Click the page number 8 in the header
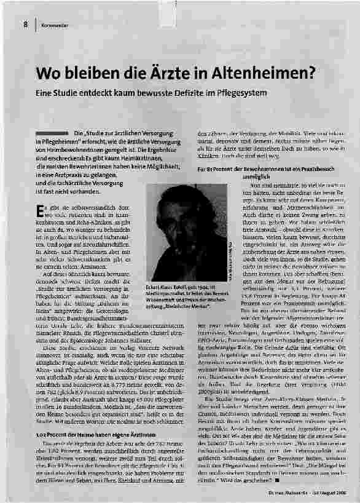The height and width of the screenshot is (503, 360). coord(25,25)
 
